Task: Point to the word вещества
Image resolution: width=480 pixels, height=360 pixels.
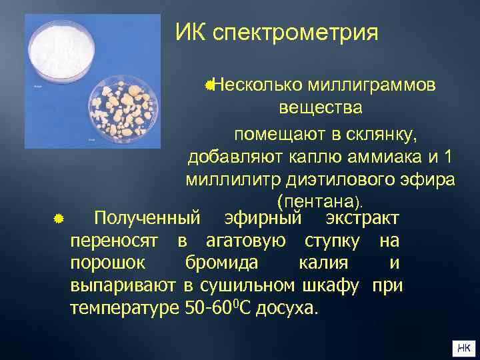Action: point(321,109)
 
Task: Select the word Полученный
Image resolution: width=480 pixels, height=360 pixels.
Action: point(147,218)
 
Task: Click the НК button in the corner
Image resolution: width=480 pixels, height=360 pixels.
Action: point(463,347)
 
